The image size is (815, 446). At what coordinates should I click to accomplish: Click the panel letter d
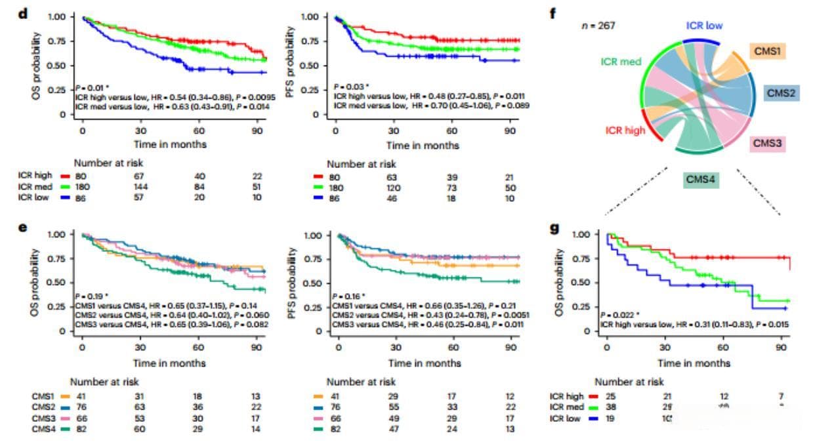(22, 14)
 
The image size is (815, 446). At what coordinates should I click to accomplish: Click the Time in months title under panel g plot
(694, 363)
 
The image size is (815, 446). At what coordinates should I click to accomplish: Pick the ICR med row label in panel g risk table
(565, 407)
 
